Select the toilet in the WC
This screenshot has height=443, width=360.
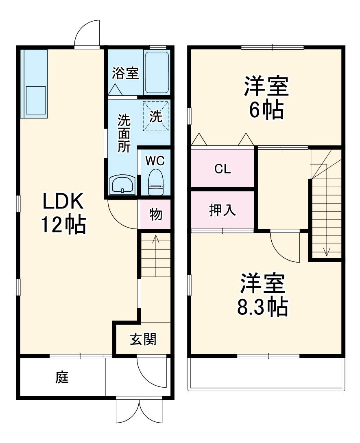point(155,182)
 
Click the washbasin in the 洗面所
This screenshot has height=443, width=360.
point(122,186)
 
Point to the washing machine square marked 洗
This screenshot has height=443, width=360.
point(155,117)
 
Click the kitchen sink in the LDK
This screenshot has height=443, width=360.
point(35,100)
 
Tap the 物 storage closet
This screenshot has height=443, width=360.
point(155,214)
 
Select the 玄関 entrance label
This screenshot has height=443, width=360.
point(143,339)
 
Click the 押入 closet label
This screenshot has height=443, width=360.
point(223,210)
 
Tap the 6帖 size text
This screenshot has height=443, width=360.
point(266,110)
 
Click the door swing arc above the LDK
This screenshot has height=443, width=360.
point(87,33)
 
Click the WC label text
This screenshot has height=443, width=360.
point(155,161)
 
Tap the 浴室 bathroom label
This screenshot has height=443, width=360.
point(126,73)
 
